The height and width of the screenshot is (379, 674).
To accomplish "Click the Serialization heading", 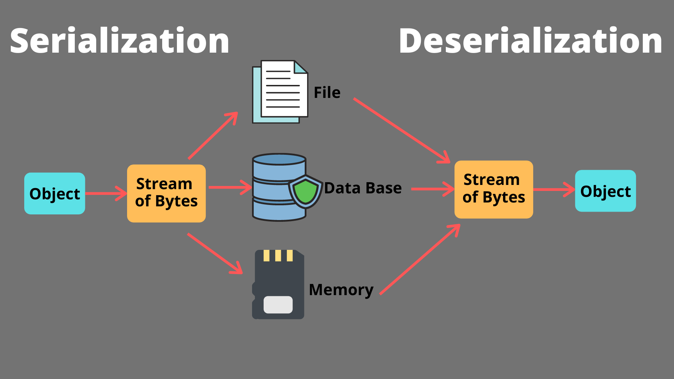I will tap(119, 41).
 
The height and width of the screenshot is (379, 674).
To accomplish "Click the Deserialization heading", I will tap(530, 41).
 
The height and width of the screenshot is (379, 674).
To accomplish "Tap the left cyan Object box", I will tap(54, 193).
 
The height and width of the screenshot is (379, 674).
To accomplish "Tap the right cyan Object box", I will tap(605, 191).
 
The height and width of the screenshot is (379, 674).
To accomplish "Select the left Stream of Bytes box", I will tap(166, 193).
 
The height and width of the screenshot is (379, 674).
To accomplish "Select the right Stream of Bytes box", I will tap(494, 189).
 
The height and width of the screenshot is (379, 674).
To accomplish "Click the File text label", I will tap(327, 93).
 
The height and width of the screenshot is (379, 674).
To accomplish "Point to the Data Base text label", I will tap(363, 188).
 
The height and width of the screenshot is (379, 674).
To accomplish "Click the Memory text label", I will tap(341, 290).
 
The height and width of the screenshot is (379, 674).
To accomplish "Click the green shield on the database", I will tap(305, 191).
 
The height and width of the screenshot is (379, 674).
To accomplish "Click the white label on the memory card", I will tap(278, 305).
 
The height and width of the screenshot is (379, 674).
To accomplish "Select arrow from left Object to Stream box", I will tap(105, 193).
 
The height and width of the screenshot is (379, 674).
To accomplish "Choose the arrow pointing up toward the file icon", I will tap(213, 136).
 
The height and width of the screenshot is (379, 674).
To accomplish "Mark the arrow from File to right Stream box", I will tap(401, 130).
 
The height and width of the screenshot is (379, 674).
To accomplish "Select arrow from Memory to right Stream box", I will tap(419, 260).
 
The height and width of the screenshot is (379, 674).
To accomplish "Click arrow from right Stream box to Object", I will tap(554, 189).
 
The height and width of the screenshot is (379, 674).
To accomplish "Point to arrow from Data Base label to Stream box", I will tap(432, 189).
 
